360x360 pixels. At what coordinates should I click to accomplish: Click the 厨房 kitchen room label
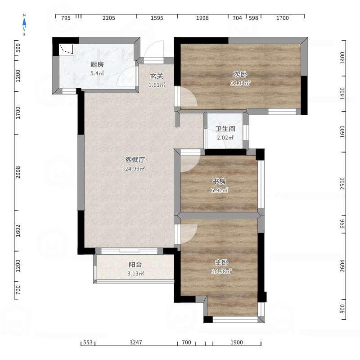click(97, 64)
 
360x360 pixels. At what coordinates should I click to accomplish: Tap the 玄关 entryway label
click(156, 76)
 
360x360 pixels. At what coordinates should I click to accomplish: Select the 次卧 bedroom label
click(240, 74)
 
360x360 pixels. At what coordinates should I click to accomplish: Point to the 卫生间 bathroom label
click(225, 129)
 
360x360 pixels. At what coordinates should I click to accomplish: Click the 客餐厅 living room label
click(135, 160)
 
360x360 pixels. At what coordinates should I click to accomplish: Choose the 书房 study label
click(219, 181)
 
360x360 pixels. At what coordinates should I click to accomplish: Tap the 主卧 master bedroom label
click(221, 262)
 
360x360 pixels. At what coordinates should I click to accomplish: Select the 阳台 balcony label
click(135, 265)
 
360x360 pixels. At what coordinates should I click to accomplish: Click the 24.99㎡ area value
click(135, 168)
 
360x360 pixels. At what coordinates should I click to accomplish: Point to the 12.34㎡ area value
click(240, 83)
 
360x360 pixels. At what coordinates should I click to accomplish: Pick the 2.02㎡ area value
click(225, 138)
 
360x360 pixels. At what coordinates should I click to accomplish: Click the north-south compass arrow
click(24, 25)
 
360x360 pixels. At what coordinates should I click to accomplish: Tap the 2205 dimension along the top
click(108, 18)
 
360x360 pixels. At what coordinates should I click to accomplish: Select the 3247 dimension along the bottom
click(136, 342)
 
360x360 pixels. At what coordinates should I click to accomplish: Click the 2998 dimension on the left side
click(18, 172)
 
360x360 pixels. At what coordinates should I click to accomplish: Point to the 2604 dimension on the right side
click(342, 266)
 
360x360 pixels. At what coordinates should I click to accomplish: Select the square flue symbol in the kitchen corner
click(66, 49)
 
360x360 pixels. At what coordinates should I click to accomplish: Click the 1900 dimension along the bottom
click(237, 342)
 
